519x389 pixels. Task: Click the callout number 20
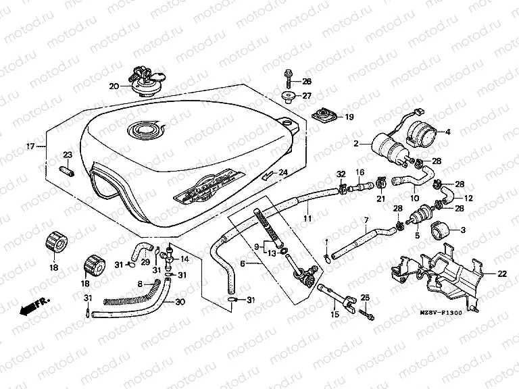pyautogui.click(x=113, y=86)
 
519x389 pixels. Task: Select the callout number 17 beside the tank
pyautogui.click(x=30, y=146)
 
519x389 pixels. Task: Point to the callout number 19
pyautogui.click(x=349, y=117)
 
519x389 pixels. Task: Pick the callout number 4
pyautogui.click(x=446, y=131)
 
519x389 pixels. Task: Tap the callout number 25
pyautogui.click(x=365, y=298)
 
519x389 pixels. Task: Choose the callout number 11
pyautogui.click(x=306, y=219)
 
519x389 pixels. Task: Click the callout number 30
pyautogui.click(x=180, y=302)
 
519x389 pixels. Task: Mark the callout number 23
pyautogui.click(x=68, y=155)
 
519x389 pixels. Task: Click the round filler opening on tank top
pyautogui.click(x=144, y=128)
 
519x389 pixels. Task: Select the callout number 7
pyautogui.click(x=366, y=221)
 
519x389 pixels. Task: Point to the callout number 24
pyautogui.click(x=283, y=172)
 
